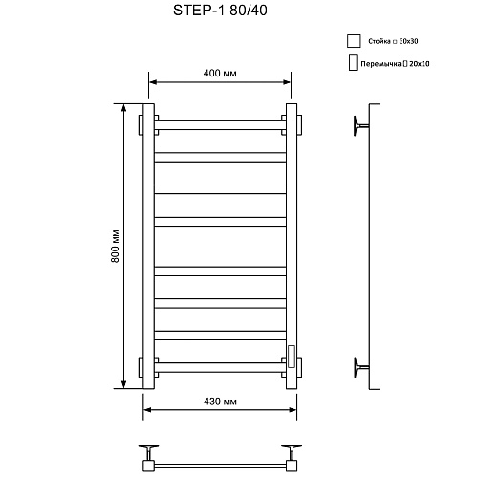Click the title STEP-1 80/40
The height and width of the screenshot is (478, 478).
coord(220,11)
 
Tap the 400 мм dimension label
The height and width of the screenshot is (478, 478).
coord(220,74)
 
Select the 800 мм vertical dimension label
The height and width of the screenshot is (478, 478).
coord(115,246)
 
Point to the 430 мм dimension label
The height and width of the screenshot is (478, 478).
coord(220,402)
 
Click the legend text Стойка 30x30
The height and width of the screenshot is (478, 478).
coord(393,41)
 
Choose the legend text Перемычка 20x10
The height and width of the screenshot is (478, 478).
coord(395,64)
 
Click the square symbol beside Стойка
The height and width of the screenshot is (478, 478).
coord(354,41)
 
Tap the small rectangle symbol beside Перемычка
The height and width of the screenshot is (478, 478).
coord(353,62)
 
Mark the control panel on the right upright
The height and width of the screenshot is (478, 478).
coord(292,357)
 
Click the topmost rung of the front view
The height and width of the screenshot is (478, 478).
coord(220,125)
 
